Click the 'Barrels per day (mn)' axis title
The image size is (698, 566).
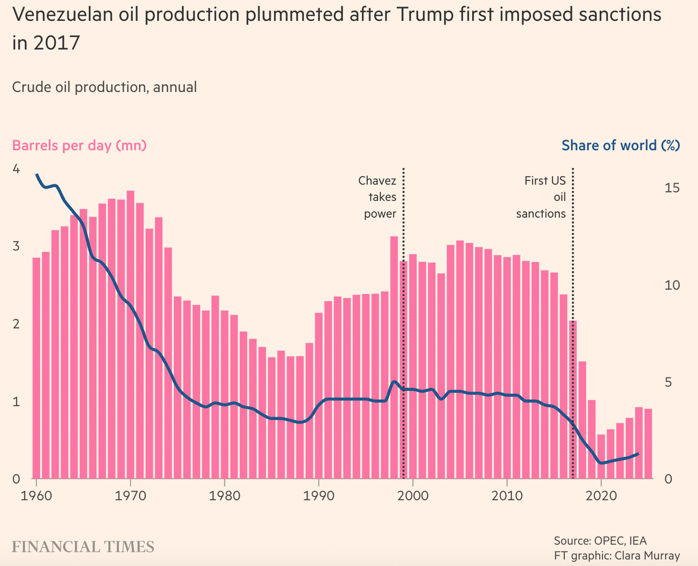[79, 145]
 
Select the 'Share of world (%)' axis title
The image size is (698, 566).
[621, 145]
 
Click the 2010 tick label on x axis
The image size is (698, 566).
[507, 496]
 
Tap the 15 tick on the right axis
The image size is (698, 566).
[671, 188]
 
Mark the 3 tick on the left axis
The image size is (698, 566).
[16, 246]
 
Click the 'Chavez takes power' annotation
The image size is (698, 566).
[377, 197]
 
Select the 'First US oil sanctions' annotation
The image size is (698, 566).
[542, 197]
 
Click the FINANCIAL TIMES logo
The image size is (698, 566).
[83, 546]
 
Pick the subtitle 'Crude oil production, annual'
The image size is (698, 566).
[104, 87]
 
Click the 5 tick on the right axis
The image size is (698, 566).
[668, 382]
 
